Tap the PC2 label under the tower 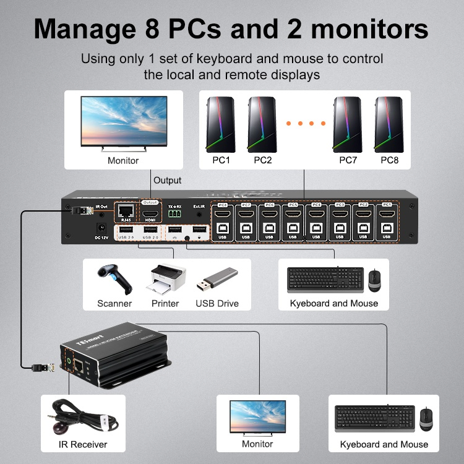(x=263, y=161)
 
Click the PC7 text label (x=349, y=161)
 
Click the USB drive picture (x=217, y=280)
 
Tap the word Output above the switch (x=168, y=181)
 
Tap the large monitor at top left (x=123, y=124)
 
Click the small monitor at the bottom (x=257, y=418)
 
